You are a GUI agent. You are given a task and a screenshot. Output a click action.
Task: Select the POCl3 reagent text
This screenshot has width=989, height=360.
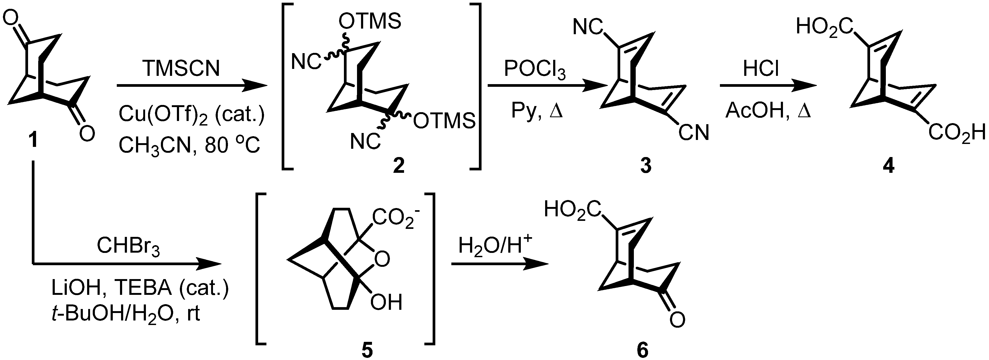point(534,70)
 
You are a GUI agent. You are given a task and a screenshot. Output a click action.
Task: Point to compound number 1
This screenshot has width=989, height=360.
point(34,140)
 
